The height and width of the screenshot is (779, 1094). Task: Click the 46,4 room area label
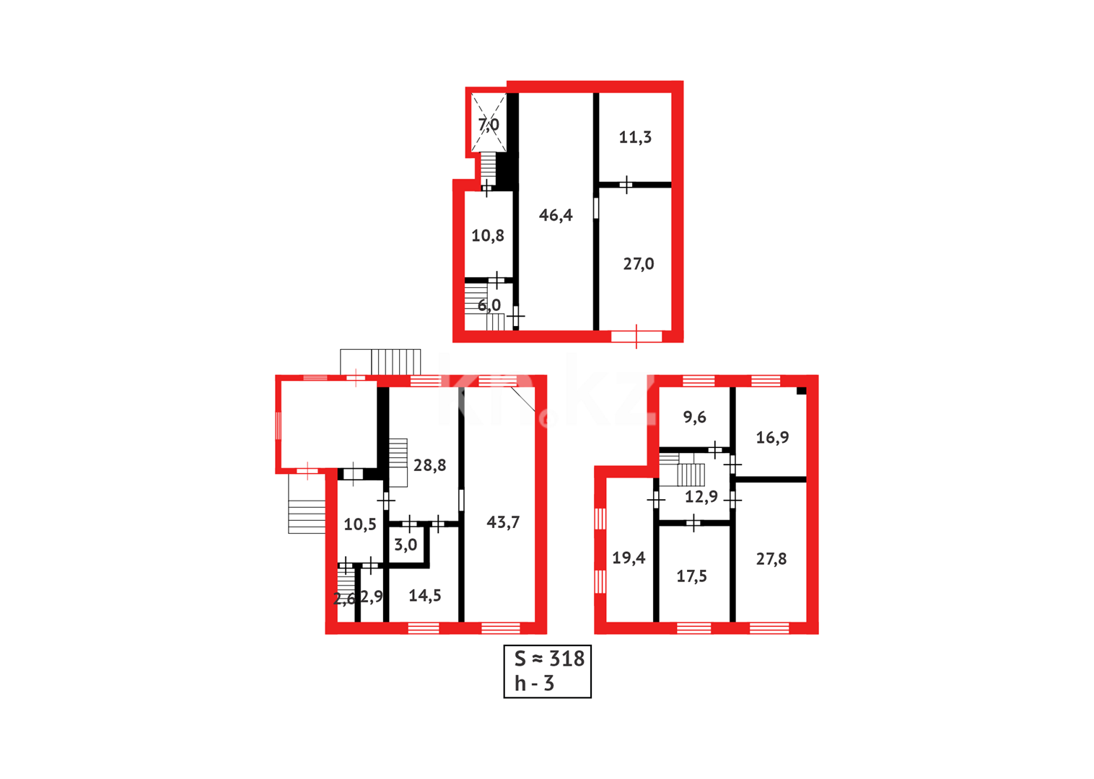[x=556, y=215]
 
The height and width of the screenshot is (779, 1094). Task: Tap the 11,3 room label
[x=635, y=137]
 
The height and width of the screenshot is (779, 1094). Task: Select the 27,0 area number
[x=639, y=264]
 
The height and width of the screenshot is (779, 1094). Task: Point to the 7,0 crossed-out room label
[x=489, y=125]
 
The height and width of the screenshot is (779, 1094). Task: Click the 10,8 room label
[x=488, y=236]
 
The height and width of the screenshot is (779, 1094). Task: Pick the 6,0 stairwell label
[x=489, y=305]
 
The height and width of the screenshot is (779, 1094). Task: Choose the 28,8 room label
[x=429, y=465]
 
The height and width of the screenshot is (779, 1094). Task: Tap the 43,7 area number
[x=503, y=522]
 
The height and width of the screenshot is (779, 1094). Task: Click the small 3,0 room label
[x=406, y=545]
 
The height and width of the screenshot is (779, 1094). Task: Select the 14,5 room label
[x=425, y=595]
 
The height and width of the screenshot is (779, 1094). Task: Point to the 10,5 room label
[x=360, y=524]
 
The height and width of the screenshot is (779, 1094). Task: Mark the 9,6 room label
[x=694, y=417]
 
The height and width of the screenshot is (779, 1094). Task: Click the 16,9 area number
[x=772, y=437]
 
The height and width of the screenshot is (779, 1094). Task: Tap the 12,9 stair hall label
[x=701, y=496]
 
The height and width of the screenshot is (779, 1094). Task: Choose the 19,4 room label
[x=629, y=558]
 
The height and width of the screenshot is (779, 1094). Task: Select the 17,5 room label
[x=691, y=576]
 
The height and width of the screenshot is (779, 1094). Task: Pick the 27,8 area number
[x=771, y=558]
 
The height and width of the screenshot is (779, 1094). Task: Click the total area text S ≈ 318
[x=549, y=659]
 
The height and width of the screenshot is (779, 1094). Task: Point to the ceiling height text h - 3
[x=534, y=683]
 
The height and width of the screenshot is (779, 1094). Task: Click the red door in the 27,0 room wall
[x=636, y=336]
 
